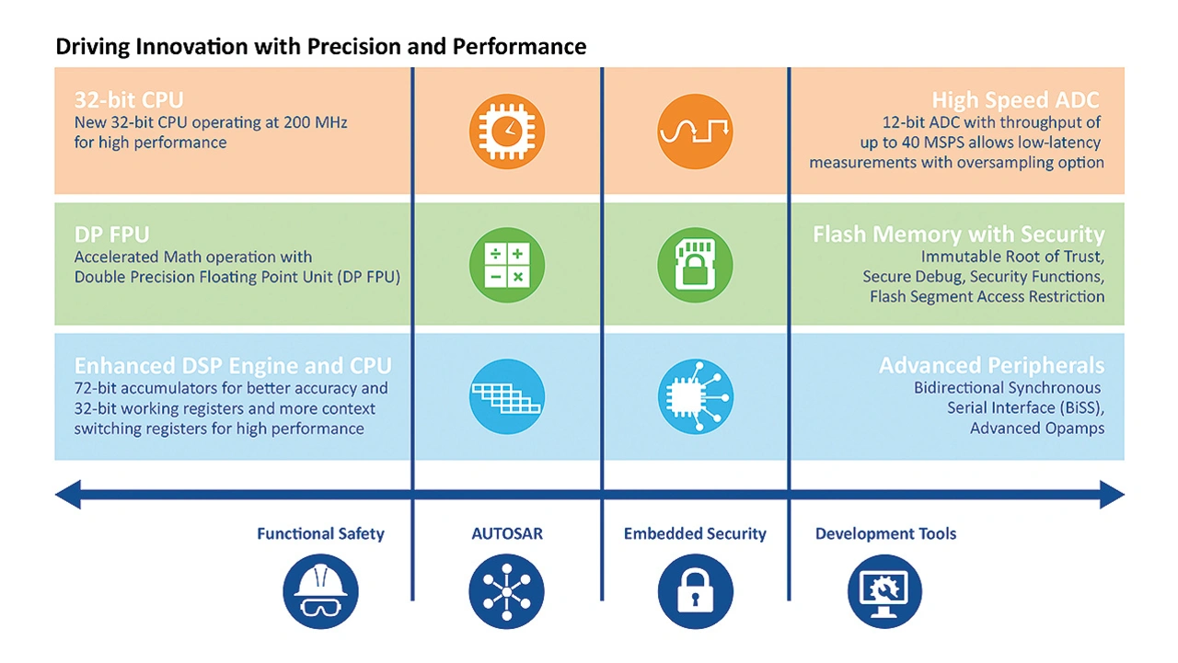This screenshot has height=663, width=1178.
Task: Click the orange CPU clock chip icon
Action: [x=506, y=131]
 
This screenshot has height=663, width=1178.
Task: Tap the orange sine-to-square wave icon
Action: [x=695, y=131]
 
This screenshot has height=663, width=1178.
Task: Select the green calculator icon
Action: [x=506, y=265]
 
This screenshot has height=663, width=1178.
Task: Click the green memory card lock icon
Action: [x=695, y=265]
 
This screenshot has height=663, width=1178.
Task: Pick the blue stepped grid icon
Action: [x=506, y=396]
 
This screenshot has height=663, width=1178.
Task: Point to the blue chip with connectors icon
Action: [x=695, y=396]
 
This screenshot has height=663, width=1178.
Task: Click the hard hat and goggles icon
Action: [x=320, y=592]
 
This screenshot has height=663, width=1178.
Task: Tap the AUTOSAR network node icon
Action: [x=506, y=592]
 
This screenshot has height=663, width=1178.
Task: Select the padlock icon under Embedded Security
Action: [x=695, y=592]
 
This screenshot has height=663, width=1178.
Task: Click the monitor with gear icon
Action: [x=883, y=592]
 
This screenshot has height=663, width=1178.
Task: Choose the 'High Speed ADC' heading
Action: [x=1015, y=100]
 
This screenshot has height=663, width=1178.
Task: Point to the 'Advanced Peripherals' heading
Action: [x=991, y=366]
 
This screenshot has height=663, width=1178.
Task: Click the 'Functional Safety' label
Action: [x=320, y=533]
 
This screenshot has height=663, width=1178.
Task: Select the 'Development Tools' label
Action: [x=885, y=533]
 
